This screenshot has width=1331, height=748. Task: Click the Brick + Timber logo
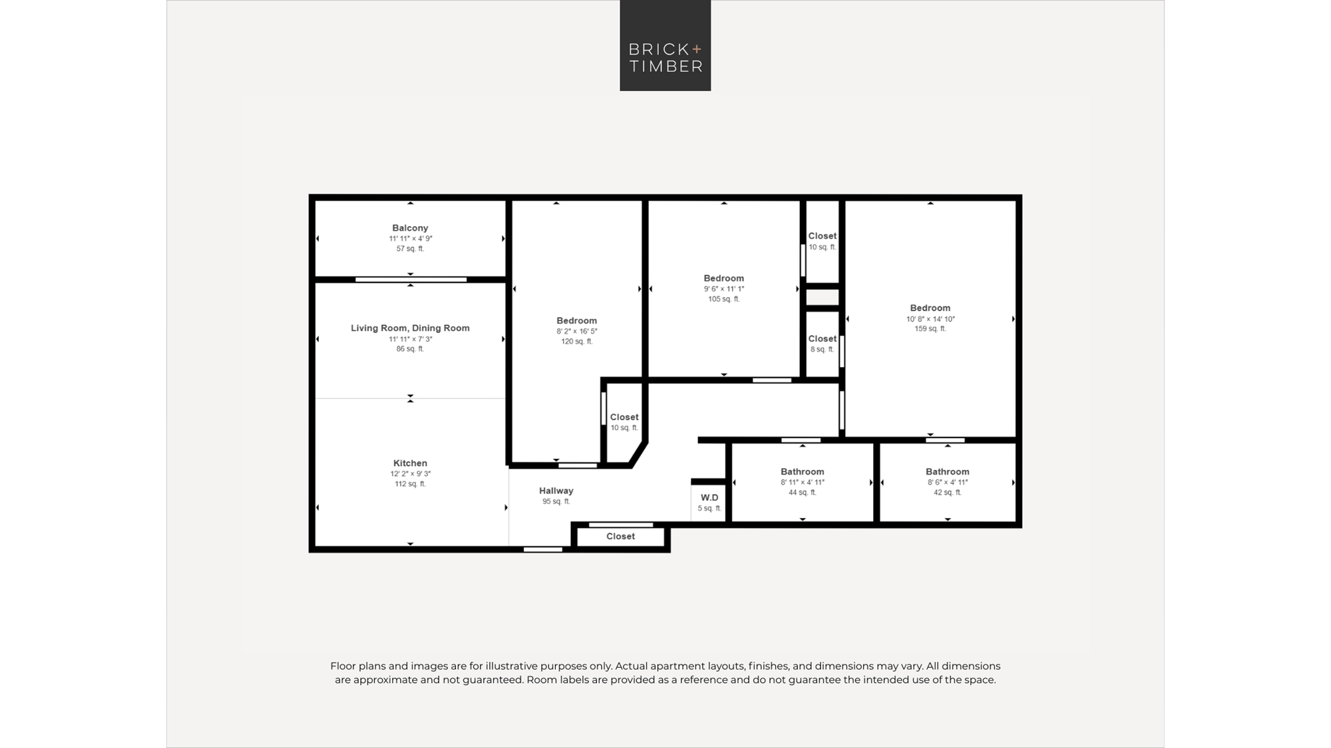(x=665, y=45)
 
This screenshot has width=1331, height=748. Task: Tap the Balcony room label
(x=410, y=228)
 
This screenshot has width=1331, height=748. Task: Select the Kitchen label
(x=410, y=463)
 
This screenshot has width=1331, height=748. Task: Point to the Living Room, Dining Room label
(x=410, y=328)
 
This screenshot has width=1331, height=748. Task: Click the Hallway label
(x=556, y=491)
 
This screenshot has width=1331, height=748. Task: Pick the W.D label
(x=709, y=497)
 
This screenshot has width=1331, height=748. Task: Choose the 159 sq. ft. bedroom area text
(x=930, y=328)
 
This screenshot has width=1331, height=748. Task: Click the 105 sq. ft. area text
(x=724, y=299)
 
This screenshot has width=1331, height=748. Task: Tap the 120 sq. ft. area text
(x=576, y=341)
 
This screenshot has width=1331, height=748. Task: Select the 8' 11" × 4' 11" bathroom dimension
(x=803, y=483)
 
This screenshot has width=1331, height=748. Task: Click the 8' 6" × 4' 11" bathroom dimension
(x=948, y=483)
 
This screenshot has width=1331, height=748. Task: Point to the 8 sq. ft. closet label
(x=823, y=349)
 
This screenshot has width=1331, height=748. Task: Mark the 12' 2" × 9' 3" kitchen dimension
(x=410, y=474)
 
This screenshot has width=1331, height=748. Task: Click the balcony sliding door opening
(x=411, y=280)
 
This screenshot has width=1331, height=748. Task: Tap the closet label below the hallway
(x=621, y=537)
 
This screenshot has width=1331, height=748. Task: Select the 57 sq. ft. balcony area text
(x=410, y=249)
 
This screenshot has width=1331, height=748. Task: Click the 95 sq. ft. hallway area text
(x=556, y=501)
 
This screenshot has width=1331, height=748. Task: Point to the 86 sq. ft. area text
(x=410, y=348)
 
